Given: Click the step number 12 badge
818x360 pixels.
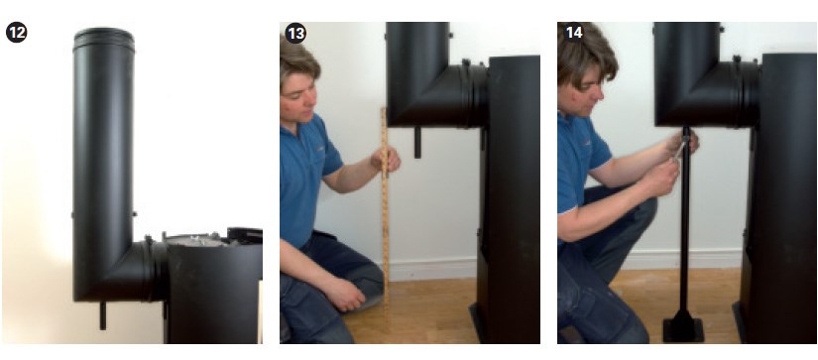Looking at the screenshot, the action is pos(16,33).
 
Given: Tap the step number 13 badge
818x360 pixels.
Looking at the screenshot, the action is pos(295,33).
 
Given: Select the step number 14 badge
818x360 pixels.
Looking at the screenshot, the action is pos(573,33).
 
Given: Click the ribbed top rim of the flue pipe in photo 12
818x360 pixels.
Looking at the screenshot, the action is pos(104,39).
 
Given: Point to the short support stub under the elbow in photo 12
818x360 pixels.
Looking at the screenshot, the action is pos(103,315).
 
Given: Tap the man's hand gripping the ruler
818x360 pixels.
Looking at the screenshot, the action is pos(386,159).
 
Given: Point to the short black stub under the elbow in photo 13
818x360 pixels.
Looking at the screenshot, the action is pos(417,143).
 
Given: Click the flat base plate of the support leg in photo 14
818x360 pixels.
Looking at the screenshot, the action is pos(683,329).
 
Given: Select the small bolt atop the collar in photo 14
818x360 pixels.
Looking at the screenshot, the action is pos(737,60).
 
